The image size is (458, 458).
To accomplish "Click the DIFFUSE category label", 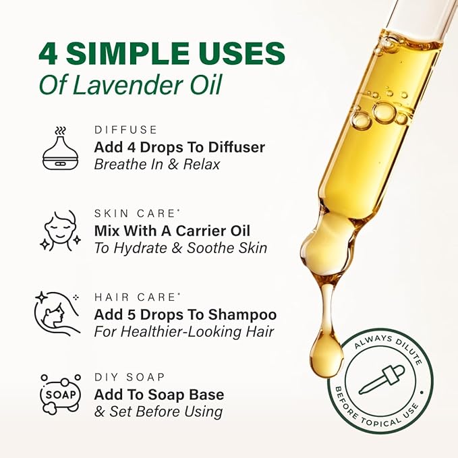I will [125, 130].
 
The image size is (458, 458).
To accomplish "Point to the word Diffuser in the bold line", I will [233, 147].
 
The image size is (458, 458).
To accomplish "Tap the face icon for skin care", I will [58, 231].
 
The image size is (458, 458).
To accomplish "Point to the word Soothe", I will [202, 248].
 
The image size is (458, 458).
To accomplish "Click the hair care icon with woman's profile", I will [58, 314].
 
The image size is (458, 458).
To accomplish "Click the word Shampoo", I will [244, 315].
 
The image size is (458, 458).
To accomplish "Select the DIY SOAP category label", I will [129, 377].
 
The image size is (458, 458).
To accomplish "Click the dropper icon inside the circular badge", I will [381, 379].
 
